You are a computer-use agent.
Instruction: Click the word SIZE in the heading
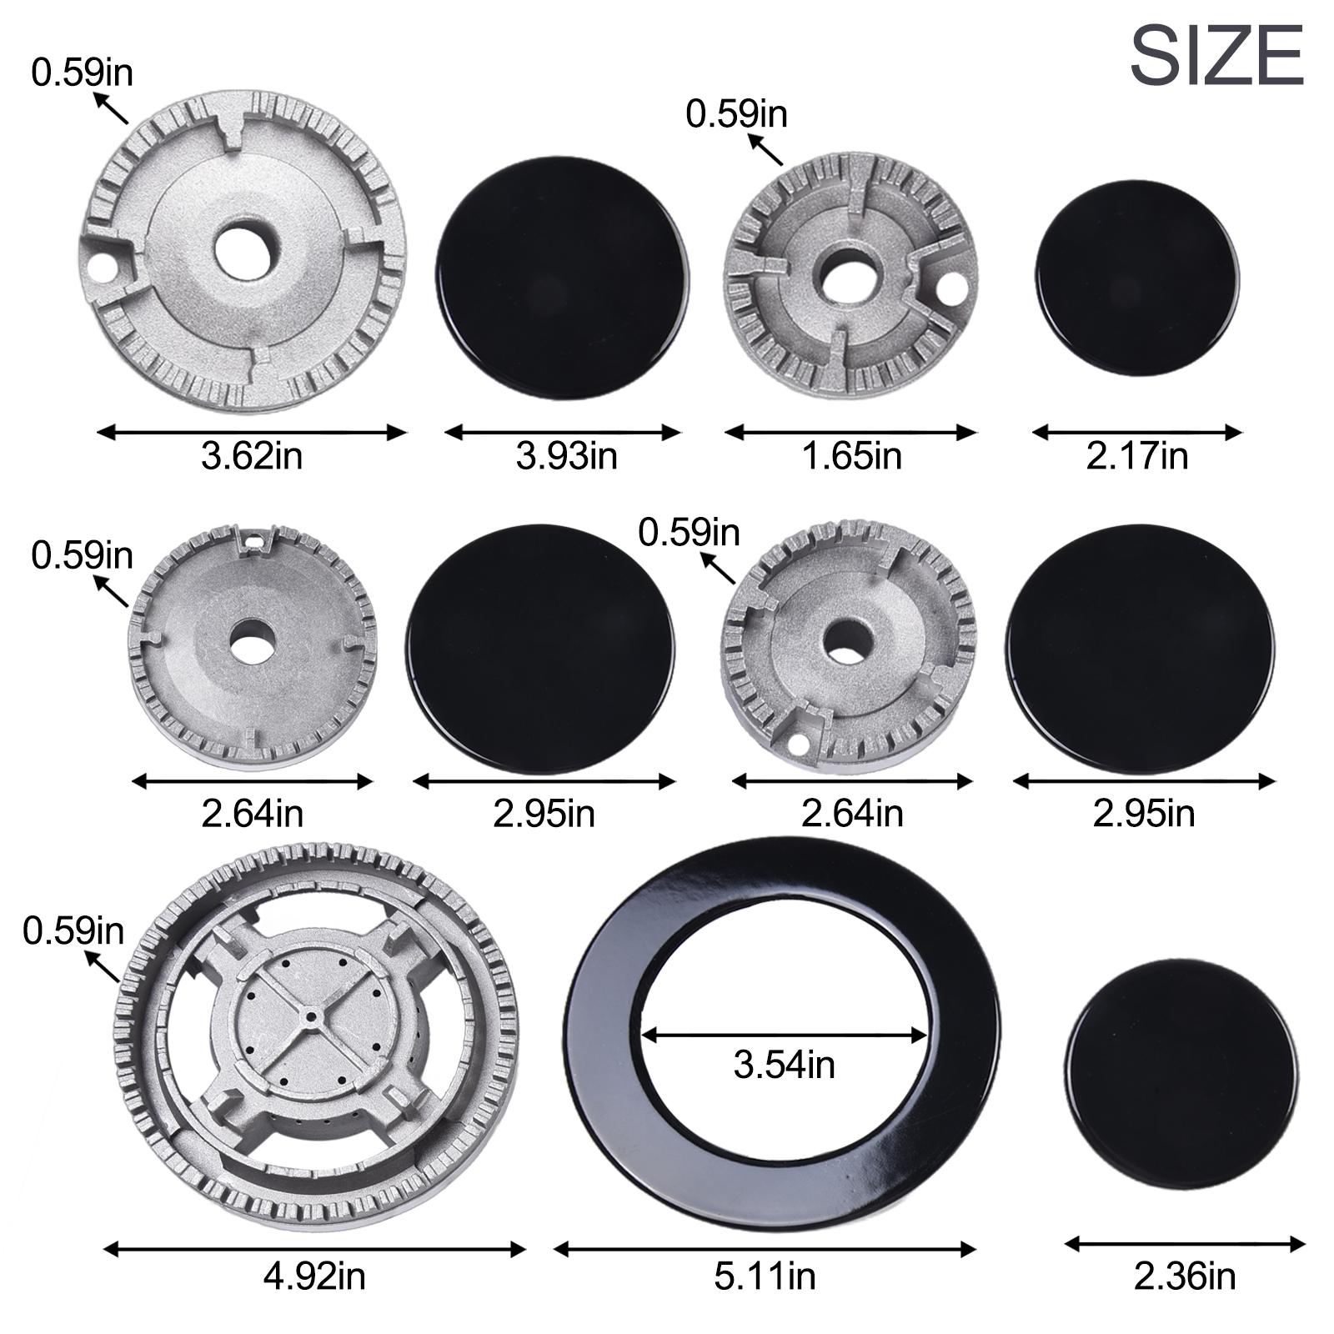pyautogui.click(x=1216, y=55)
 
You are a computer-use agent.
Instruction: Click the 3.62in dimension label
pyautogui.click(x=252, y=456)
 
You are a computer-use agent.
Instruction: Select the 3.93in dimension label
pyautogui.click(x=566, y=456)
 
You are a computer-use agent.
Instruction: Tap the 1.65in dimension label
pyautogui.click(x=851, y=456)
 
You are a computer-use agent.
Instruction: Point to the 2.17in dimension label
pyautogui.click(x=1136, y=456)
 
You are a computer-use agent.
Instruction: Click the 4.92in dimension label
pyautogui.click(x=314, y=1276)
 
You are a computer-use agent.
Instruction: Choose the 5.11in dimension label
pyautogui.click(x=765, y=1276)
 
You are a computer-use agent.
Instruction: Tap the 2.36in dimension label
pyautogui.click(x=1185, y=1276)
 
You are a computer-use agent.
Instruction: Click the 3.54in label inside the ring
pyautogui.click(x=785, y=1065)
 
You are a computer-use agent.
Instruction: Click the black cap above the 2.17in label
pyautogui.click(x=1137, y=277)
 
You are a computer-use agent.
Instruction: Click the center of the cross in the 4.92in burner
pyautogui.click(x=311, y=1018)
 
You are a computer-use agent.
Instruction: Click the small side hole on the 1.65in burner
pyautogui.click(x=950, y=291)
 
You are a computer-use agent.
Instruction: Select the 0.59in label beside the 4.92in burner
pyautogui.click(x=73, y=930)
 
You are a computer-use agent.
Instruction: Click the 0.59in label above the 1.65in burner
pyautogui.click(x=736, y=114)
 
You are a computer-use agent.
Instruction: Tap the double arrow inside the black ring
pyautogui.click(x=785, y=1036)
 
